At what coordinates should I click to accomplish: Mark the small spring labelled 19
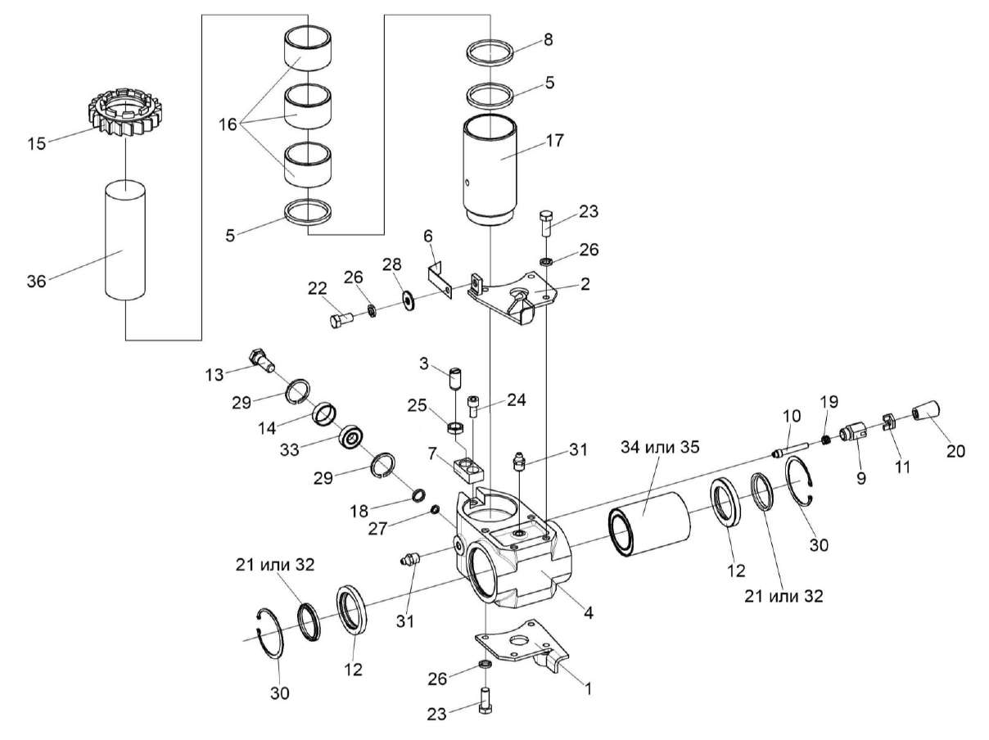(827, 439)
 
